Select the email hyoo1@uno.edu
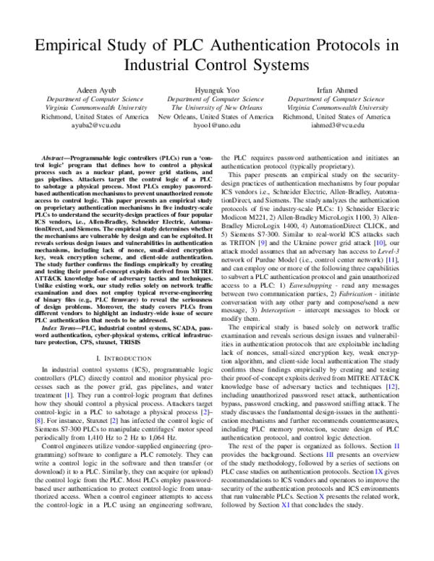(217, 124)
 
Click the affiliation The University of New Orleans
(217, 107)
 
